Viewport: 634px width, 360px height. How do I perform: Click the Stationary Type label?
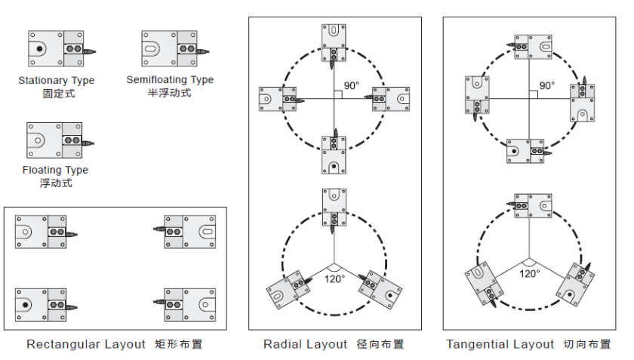56,81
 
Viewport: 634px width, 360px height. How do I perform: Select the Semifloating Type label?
170,80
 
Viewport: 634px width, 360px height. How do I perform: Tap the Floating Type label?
55,171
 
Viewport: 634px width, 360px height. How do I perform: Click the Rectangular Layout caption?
86,345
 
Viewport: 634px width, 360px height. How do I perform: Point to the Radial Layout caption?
306,345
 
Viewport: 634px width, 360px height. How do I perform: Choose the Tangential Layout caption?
500,345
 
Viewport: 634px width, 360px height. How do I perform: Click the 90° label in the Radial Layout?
352,86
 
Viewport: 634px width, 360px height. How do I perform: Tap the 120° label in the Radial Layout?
334,278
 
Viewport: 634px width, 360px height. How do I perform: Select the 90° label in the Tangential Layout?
546,86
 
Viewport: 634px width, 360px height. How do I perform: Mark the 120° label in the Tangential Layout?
530,273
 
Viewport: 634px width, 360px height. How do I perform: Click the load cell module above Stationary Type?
56,49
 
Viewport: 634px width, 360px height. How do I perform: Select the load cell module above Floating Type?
54,140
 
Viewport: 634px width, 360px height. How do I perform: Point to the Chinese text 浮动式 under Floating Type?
55,183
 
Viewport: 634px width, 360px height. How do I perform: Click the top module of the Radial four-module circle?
334,42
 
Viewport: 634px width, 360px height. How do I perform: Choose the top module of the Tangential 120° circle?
533,206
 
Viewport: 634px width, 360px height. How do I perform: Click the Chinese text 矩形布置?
179,345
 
